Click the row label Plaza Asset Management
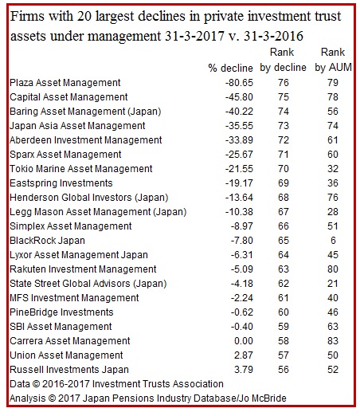[65, 83]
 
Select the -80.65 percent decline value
[239, 83]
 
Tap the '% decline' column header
[230, 68]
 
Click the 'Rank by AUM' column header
[333, 60]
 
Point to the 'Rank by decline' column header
[283, 60]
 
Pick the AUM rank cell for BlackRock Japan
[333, 241]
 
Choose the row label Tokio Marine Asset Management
[81, 169]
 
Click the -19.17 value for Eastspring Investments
[239, 183]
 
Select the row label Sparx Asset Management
[65, 155]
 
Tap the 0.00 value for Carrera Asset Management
[244, 341]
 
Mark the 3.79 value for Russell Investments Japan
[244, 370]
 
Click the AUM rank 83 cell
[333, 341]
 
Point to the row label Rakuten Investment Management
[83, 269]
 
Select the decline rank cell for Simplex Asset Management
[284, 226]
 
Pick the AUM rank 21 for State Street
[333, 284]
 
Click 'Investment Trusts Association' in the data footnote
[158, 384]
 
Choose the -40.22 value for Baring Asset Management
[239, 112]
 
